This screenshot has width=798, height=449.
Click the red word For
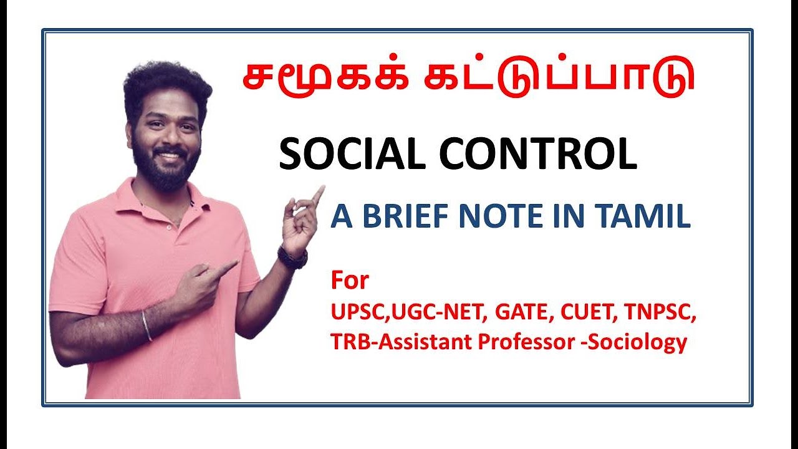click(x=350, y=281)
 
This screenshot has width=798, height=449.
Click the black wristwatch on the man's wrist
click(x=292, y=257)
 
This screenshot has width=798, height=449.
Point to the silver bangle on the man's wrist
click(x=147, y=326)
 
